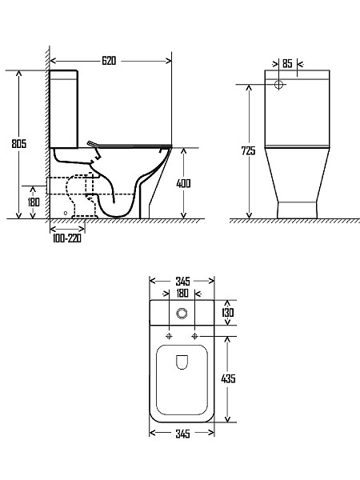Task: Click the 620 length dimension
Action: (x=110, y=60)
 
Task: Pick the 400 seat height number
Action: (x=183, y=183)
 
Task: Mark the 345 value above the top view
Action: (x=182, y=281)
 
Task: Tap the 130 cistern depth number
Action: (x=227, y=313)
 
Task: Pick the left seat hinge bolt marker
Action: (x=169, y=334)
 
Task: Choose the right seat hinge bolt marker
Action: (x=196, y=334)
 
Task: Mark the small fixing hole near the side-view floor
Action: (x=66, y=213)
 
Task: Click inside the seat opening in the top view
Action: (x=182, y=376)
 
